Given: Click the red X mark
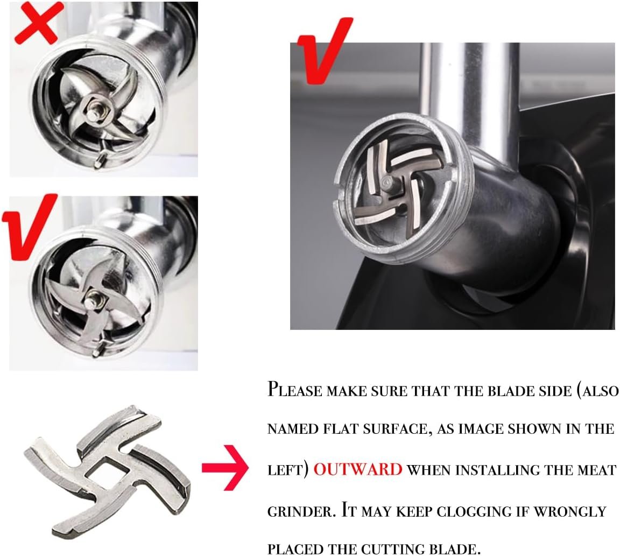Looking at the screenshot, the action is coord(38,23).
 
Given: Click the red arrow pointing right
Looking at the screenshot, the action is coord(225,468).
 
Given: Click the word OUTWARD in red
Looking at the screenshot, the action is coord(358,469).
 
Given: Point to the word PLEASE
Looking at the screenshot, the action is coord(295,389).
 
